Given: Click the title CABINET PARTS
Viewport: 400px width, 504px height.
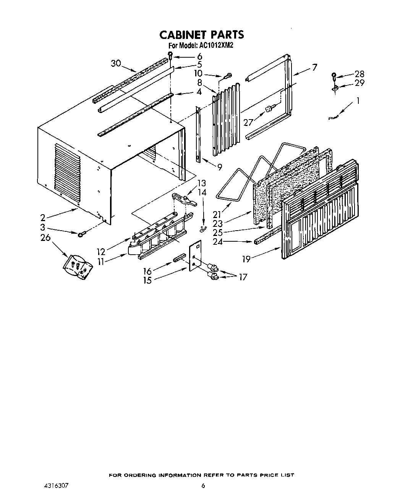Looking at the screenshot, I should (201, 35).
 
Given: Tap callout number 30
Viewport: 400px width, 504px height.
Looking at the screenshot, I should (116, 63).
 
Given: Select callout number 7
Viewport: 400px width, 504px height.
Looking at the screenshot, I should (314, 67).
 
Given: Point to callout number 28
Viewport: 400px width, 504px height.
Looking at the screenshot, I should (360, 74).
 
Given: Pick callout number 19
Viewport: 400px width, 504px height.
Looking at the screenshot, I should (246, 259).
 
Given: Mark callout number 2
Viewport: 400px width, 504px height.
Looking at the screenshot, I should (43, 218).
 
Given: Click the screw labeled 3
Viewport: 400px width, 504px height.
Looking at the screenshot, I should (82, 234).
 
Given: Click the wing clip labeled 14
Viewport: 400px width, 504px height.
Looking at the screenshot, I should (203, 228).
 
